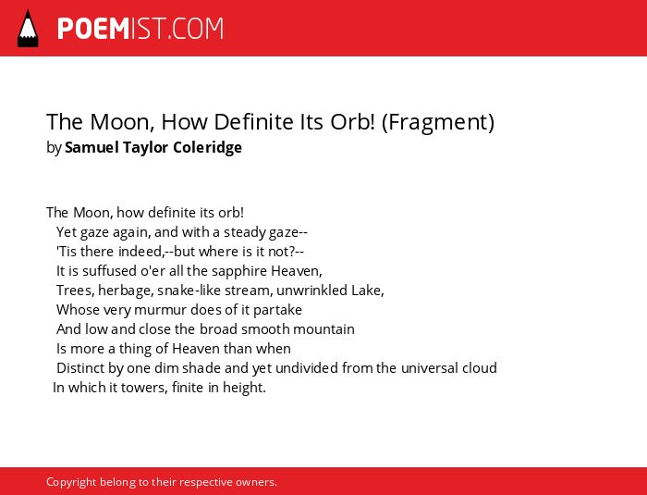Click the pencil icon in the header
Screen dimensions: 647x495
tap(28, 29)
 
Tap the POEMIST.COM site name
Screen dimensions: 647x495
tap(140, 29)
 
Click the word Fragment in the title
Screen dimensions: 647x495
tap(438, 122)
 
